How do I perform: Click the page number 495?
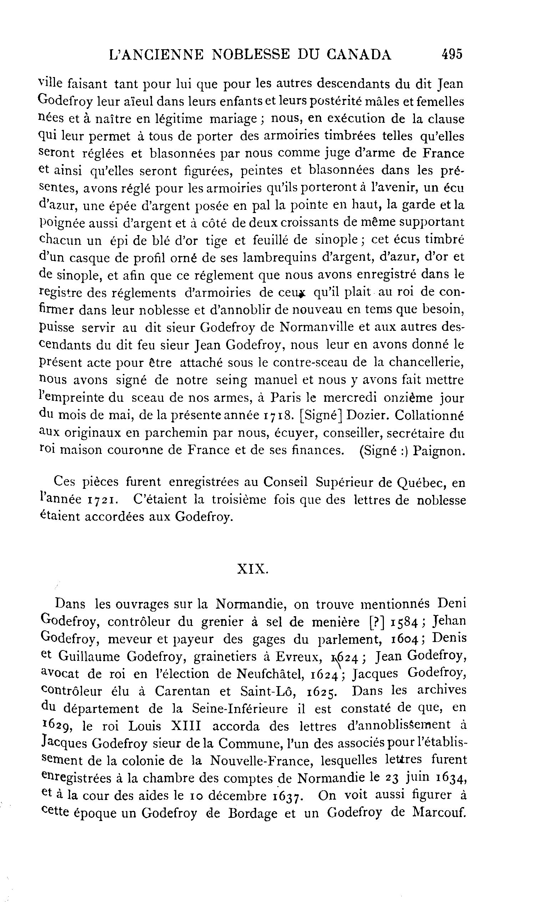point(452,54)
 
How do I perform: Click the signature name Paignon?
point(439,451)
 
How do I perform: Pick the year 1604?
point(406,639)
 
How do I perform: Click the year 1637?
point(288,796)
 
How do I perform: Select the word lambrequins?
point(274,257)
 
